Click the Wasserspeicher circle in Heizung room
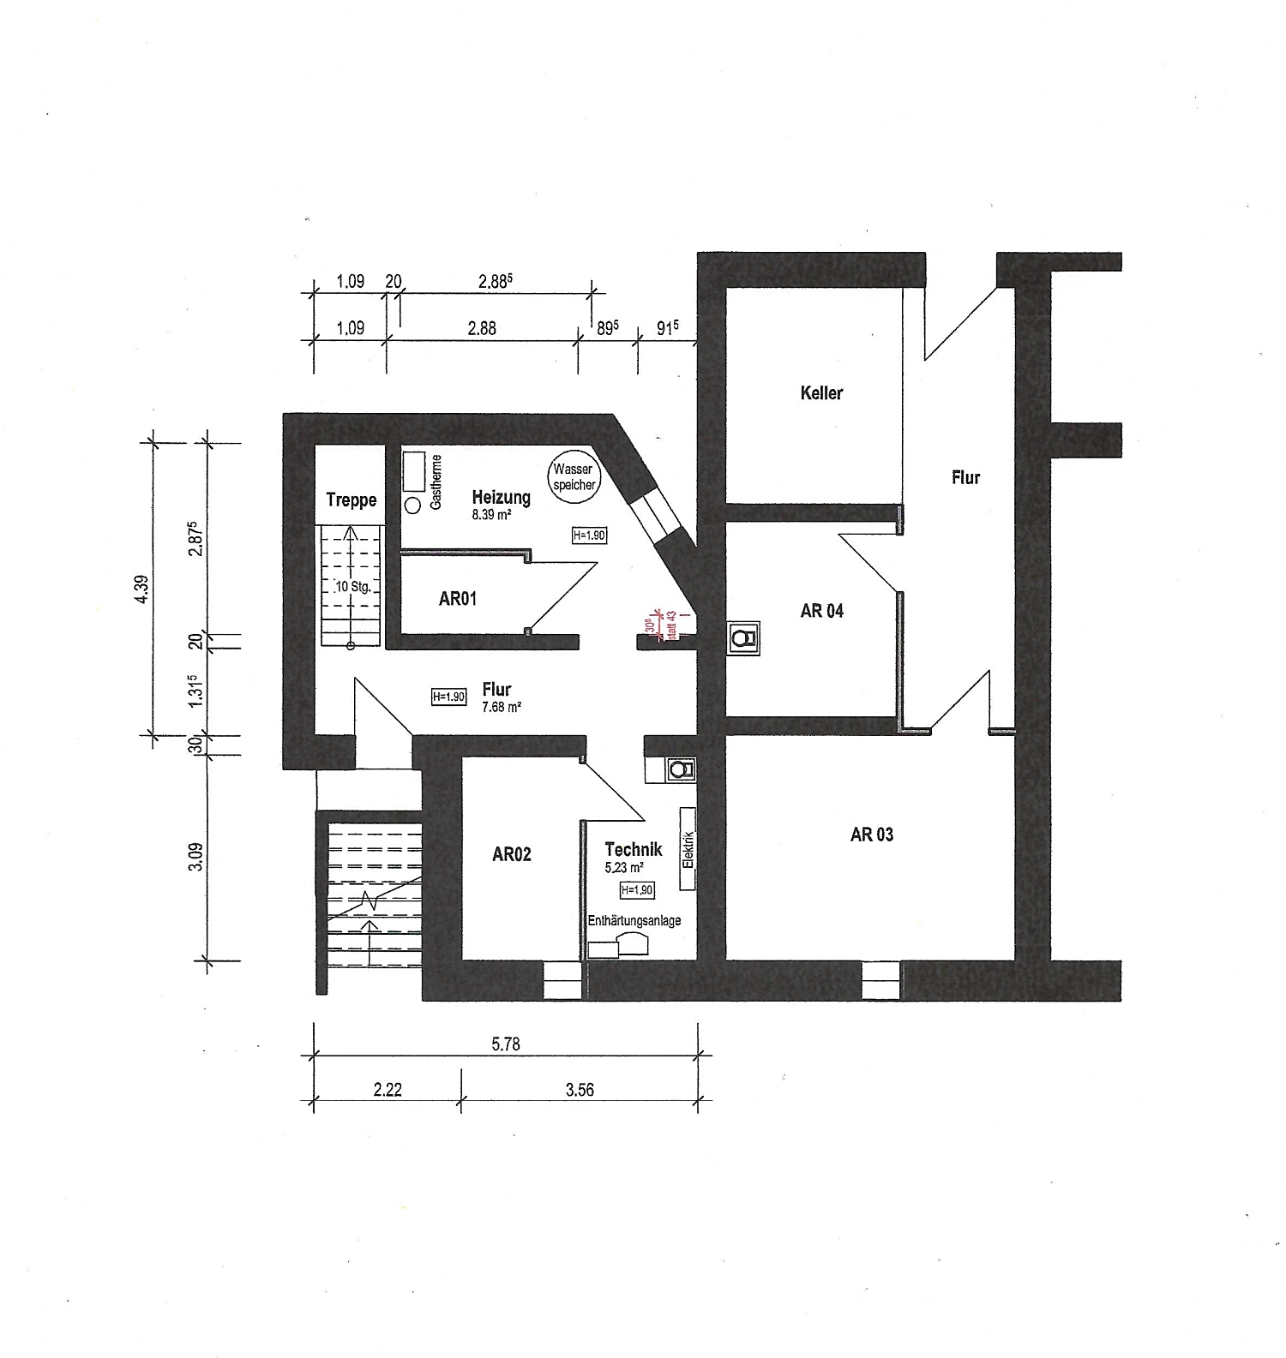(573, 476)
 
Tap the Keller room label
(821, 393)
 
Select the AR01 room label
(457, 599)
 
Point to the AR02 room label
(511, 854)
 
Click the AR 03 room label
(871, 835)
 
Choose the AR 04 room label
(821, 611)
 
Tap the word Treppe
(351, 500)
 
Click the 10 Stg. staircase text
(352, 588)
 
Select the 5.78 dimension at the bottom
(506, 1044)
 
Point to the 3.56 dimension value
(580, 1090)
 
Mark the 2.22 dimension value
(388, 1090)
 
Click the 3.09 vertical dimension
(196, 857)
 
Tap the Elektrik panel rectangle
(687, 838)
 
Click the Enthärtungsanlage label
(634, 921)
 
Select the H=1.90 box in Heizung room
(589, 535)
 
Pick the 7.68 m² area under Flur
(502, 708)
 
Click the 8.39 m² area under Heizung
(491, 516)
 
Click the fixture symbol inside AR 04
(743, 638)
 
